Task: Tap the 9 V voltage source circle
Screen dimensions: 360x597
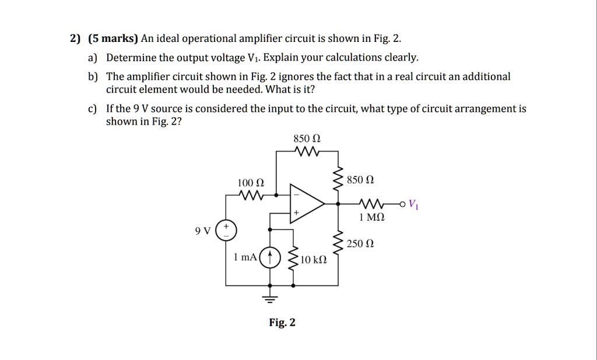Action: point(226,231)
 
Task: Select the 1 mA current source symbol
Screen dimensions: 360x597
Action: point(269,257)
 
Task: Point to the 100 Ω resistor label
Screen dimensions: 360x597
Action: point(248,183)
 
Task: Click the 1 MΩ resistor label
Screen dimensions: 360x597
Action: point(372,217)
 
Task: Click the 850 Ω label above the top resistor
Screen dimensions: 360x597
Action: point(307,139)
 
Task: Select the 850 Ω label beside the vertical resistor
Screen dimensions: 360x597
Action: point(357,179)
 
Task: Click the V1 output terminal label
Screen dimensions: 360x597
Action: point(413,204)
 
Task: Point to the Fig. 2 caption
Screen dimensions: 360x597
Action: point(282,322)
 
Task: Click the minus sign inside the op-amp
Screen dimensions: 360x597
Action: point(296,193)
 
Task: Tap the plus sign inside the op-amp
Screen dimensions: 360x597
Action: point(296,214)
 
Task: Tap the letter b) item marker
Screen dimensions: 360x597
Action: point(92,77)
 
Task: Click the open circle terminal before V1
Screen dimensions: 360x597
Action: point(402,204)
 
